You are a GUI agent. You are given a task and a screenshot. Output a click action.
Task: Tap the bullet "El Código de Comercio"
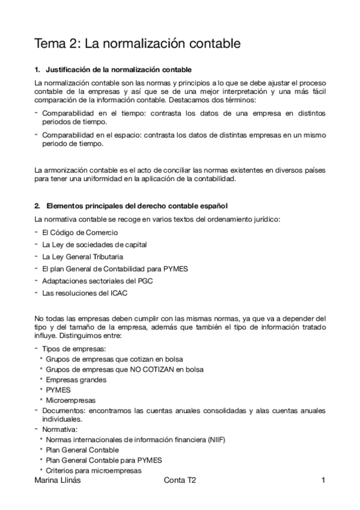[79, 232]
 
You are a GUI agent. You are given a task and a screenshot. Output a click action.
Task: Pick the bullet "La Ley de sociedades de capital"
[94, 244]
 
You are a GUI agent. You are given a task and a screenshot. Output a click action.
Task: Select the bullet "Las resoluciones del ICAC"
[84, 293]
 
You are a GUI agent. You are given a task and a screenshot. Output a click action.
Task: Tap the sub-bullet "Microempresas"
[70, 399]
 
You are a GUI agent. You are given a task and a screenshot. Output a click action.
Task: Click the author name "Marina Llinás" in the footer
[59, 481]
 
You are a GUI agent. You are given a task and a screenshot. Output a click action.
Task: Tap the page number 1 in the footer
[323, 481]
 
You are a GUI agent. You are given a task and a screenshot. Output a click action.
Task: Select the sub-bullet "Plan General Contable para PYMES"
[101, 460]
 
